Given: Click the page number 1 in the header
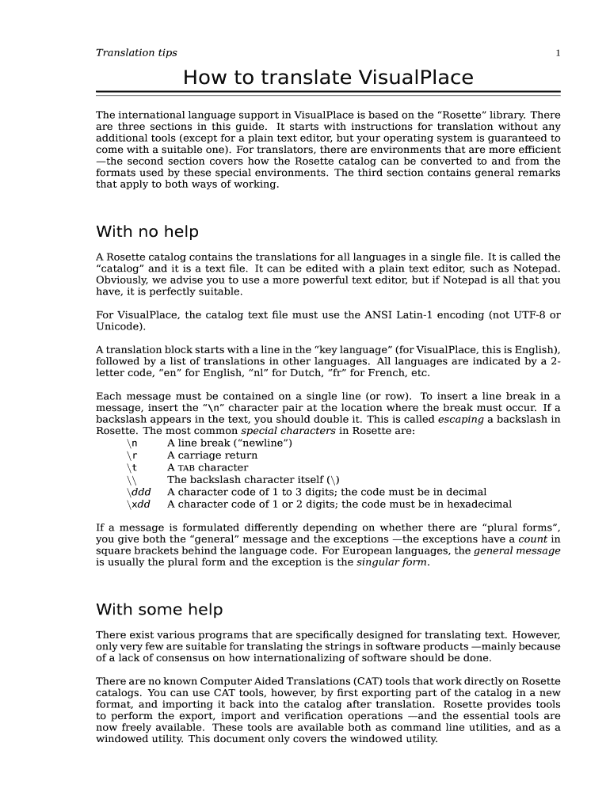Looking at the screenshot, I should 558,53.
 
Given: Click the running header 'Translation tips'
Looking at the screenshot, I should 136,53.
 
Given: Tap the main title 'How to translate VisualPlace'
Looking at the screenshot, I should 328,78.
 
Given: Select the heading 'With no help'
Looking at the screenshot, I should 147,232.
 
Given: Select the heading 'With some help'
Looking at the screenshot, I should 159,610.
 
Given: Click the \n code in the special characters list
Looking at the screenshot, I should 132,444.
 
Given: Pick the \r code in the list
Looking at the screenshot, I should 132,455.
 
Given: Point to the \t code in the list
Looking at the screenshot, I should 132,468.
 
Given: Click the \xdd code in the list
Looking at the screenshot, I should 139,504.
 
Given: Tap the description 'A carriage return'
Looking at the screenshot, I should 212,455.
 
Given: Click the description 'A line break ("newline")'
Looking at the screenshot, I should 230,444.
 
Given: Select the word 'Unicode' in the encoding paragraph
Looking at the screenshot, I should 119,327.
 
